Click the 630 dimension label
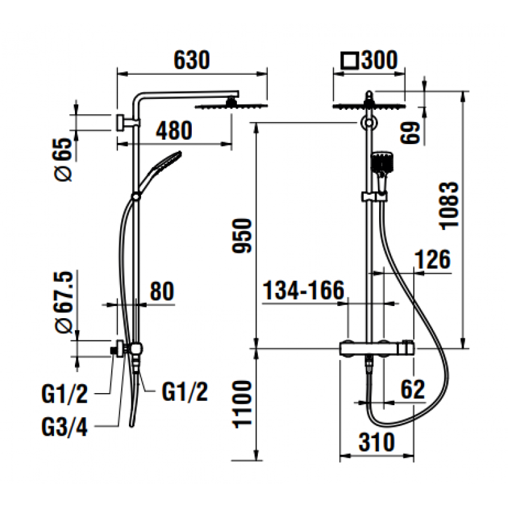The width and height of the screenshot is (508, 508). pyautogui.click(x=192, y=60)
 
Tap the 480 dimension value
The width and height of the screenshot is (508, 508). pyautogui.click(x=174, y=131)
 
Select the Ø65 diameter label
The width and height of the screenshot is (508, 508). pyautogui.click(x=62, y=159)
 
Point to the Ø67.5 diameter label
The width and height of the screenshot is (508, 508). pyautogui.click(x=64, y=302)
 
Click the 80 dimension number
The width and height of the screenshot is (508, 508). pyautogui.click(x=162, y=291)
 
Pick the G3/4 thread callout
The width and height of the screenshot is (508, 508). pyautogui.click(x=65, y=427)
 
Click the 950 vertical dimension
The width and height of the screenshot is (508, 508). pyautogui.click(x=242, y=236)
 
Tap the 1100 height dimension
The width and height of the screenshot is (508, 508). pyautogui.click(x=242, y=404)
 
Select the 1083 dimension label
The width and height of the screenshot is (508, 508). pyautogui.click(x=449, y=206)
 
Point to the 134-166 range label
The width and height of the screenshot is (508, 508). pyautogui.click(x=304, y=290)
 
